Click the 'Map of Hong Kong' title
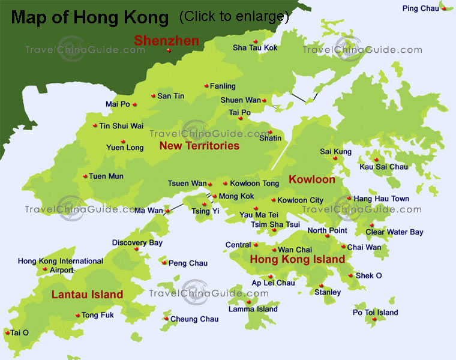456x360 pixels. click(90, 17)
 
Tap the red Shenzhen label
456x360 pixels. click(166, 41)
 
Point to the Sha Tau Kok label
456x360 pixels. click(255, 47)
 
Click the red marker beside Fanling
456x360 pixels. click(206, 86)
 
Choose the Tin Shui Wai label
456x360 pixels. click(121, 126)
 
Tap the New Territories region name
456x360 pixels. click(199, 146)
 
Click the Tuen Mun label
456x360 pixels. click(106, 176)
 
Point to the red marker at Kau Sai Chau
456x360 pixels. click(376, 160)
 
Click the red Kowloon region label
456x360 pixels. click(312, 179)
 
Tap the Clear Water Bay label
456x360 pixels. click(394, 232)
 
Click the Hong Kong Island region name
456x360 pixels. click(297, 260)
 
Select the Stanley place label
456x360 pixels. click(328, 292)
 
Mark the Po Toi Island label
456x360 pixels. click(375, 312)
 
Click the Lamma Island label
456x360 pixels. click(253, 309)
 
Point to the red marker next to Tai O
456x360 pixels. click(7, 332)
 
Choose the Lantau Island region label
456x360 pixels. click(87, 295)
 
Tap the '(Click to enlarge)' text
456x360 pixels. click(234, 17)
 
